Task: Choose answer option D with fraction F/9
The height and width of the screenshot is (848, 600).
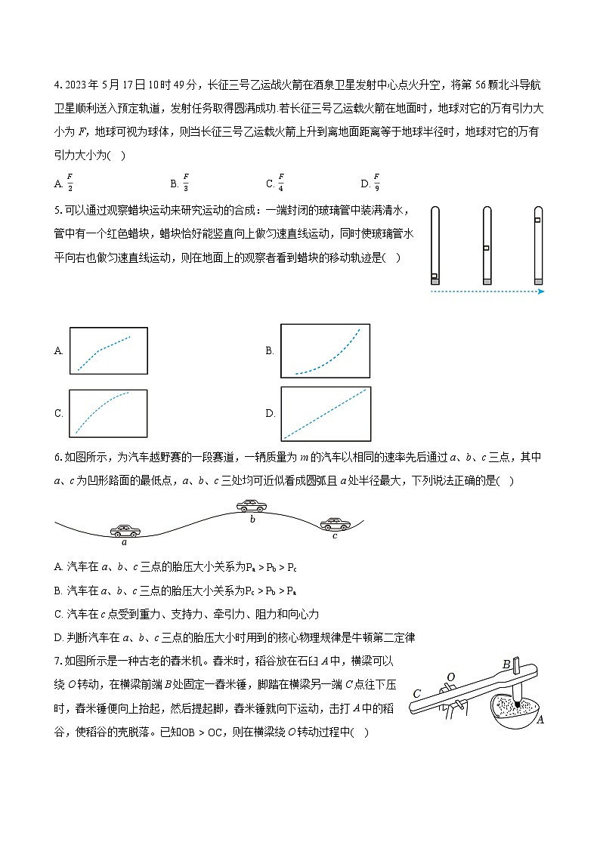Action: (x=371, y=183)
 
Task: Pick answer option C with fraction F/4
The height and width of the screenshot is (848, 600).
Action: (x=275, y=183)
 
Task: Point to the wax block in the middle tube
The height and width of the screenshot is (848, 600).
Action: (x=487, y=248)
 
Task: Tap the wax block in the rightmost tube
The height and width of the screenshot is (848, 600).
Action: (x=538, y=220)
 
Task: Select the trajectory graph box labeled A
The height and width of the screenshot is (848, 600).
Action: (x=107, y=350)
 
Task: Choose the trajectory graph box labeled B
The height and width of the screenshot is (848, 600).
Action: (x=326, y=350)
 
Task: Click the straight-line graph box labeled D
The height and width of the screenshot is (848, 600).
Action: (x=326, y=414)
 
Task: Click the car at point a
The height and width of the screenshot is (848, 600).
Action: (x=125, y=530)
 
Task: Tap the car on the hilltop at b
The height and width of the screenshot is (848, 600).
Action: (x=252, y=507)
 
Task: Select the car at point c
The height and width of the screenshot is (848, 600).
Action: (x=334, y=523)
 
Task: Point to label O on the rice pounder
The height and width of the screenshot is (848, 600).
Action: (x=450, y=677)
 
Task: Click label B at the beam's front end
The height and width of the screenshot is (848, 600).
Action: (x=506, y=665)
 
